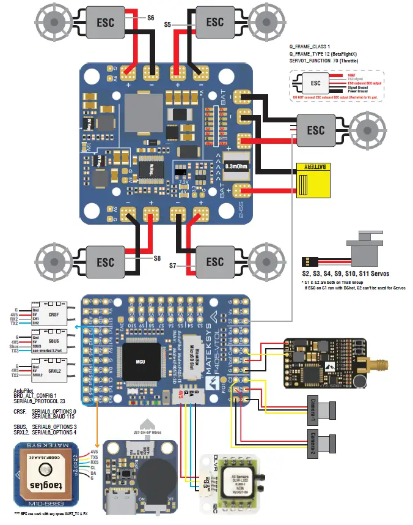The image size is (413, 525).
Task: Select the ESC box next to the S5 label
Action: point(214,21)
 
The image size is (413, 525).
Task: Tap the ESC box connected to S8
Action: point(105,261)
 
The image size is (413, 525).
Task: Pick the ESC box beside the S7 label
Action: point(214,261)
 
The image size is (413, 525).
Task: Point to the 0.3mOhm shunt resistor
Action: point(236,165)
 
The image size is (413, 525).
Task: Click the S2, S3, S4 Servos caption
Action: point(345,272)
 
